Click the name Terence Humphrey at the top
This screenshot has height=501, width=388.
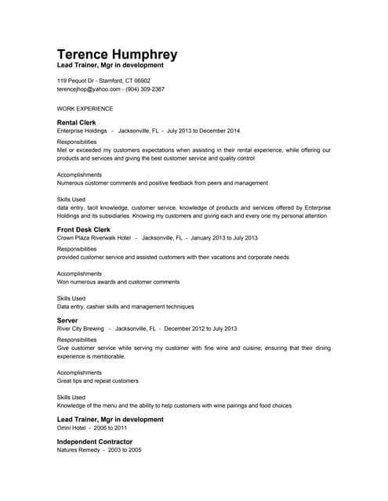pyautogui.click(x=117, y=55)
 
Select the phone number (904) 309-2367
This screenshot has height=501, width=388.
pyautogui.click(x=145, y=89)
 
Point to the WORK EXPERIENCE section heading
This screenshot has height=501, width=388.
pyautogui.click(x=85, y=109)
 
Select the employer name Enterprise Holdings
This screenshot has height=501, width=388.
pyautogui.click(x=82, y=131)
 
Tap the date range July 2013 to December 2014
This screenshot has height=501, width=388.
pyautogui.click(x=204, y=131)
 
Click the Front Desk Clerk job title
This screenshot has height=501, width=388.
pyautogui.click(x=84, y=229)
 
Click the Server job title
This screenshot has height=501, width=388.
pyautogui.click(x=67, y=320)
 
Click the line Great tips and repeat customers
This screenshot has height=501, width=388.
pyautogui.click(x=97, y=380)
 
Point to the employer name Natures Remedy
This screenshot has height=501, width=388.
pyautogui.click(x=78, y=450)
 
